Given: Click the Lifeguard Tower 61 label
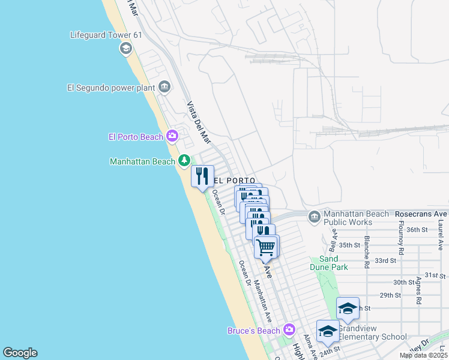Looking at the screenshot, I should click(x=106, y=35).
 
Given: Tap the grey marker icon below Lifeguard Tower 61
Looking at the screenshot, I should click(x=126, y=49).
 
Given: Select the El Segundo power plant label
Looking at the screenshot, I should click(x=111, y=88).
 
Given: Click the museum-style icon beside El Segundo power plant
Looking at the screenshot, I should click(x=164, y=88).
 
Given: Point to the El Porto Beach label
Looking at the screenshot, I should click(x=136, y=137).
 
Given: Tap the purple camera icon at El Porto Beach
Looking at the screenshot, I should click(x=172, y=136).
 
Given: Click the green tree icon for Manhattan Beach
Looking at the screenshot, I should click(x=184, y=161).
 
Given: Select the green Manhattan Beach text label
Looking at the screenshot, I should click(x=142, y=161).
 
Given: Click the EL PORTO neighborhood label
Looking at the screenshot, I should click(x=235, y=180).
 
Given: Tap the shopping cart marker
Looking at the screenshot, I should click(x=265, y=246).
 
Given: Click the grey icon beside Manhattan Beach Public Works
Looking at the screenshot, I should click(x=314, y=216).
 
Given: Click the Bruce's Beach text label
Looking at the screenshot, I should click(x=253, y=331).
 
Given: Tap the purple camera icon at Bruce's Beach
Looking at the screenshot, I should click(x=290, y=329).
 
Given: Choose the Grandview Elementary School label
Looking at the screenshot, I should click(x=372, y=332).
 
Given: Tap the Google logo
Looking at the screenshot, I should click(x=20, y=353).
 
